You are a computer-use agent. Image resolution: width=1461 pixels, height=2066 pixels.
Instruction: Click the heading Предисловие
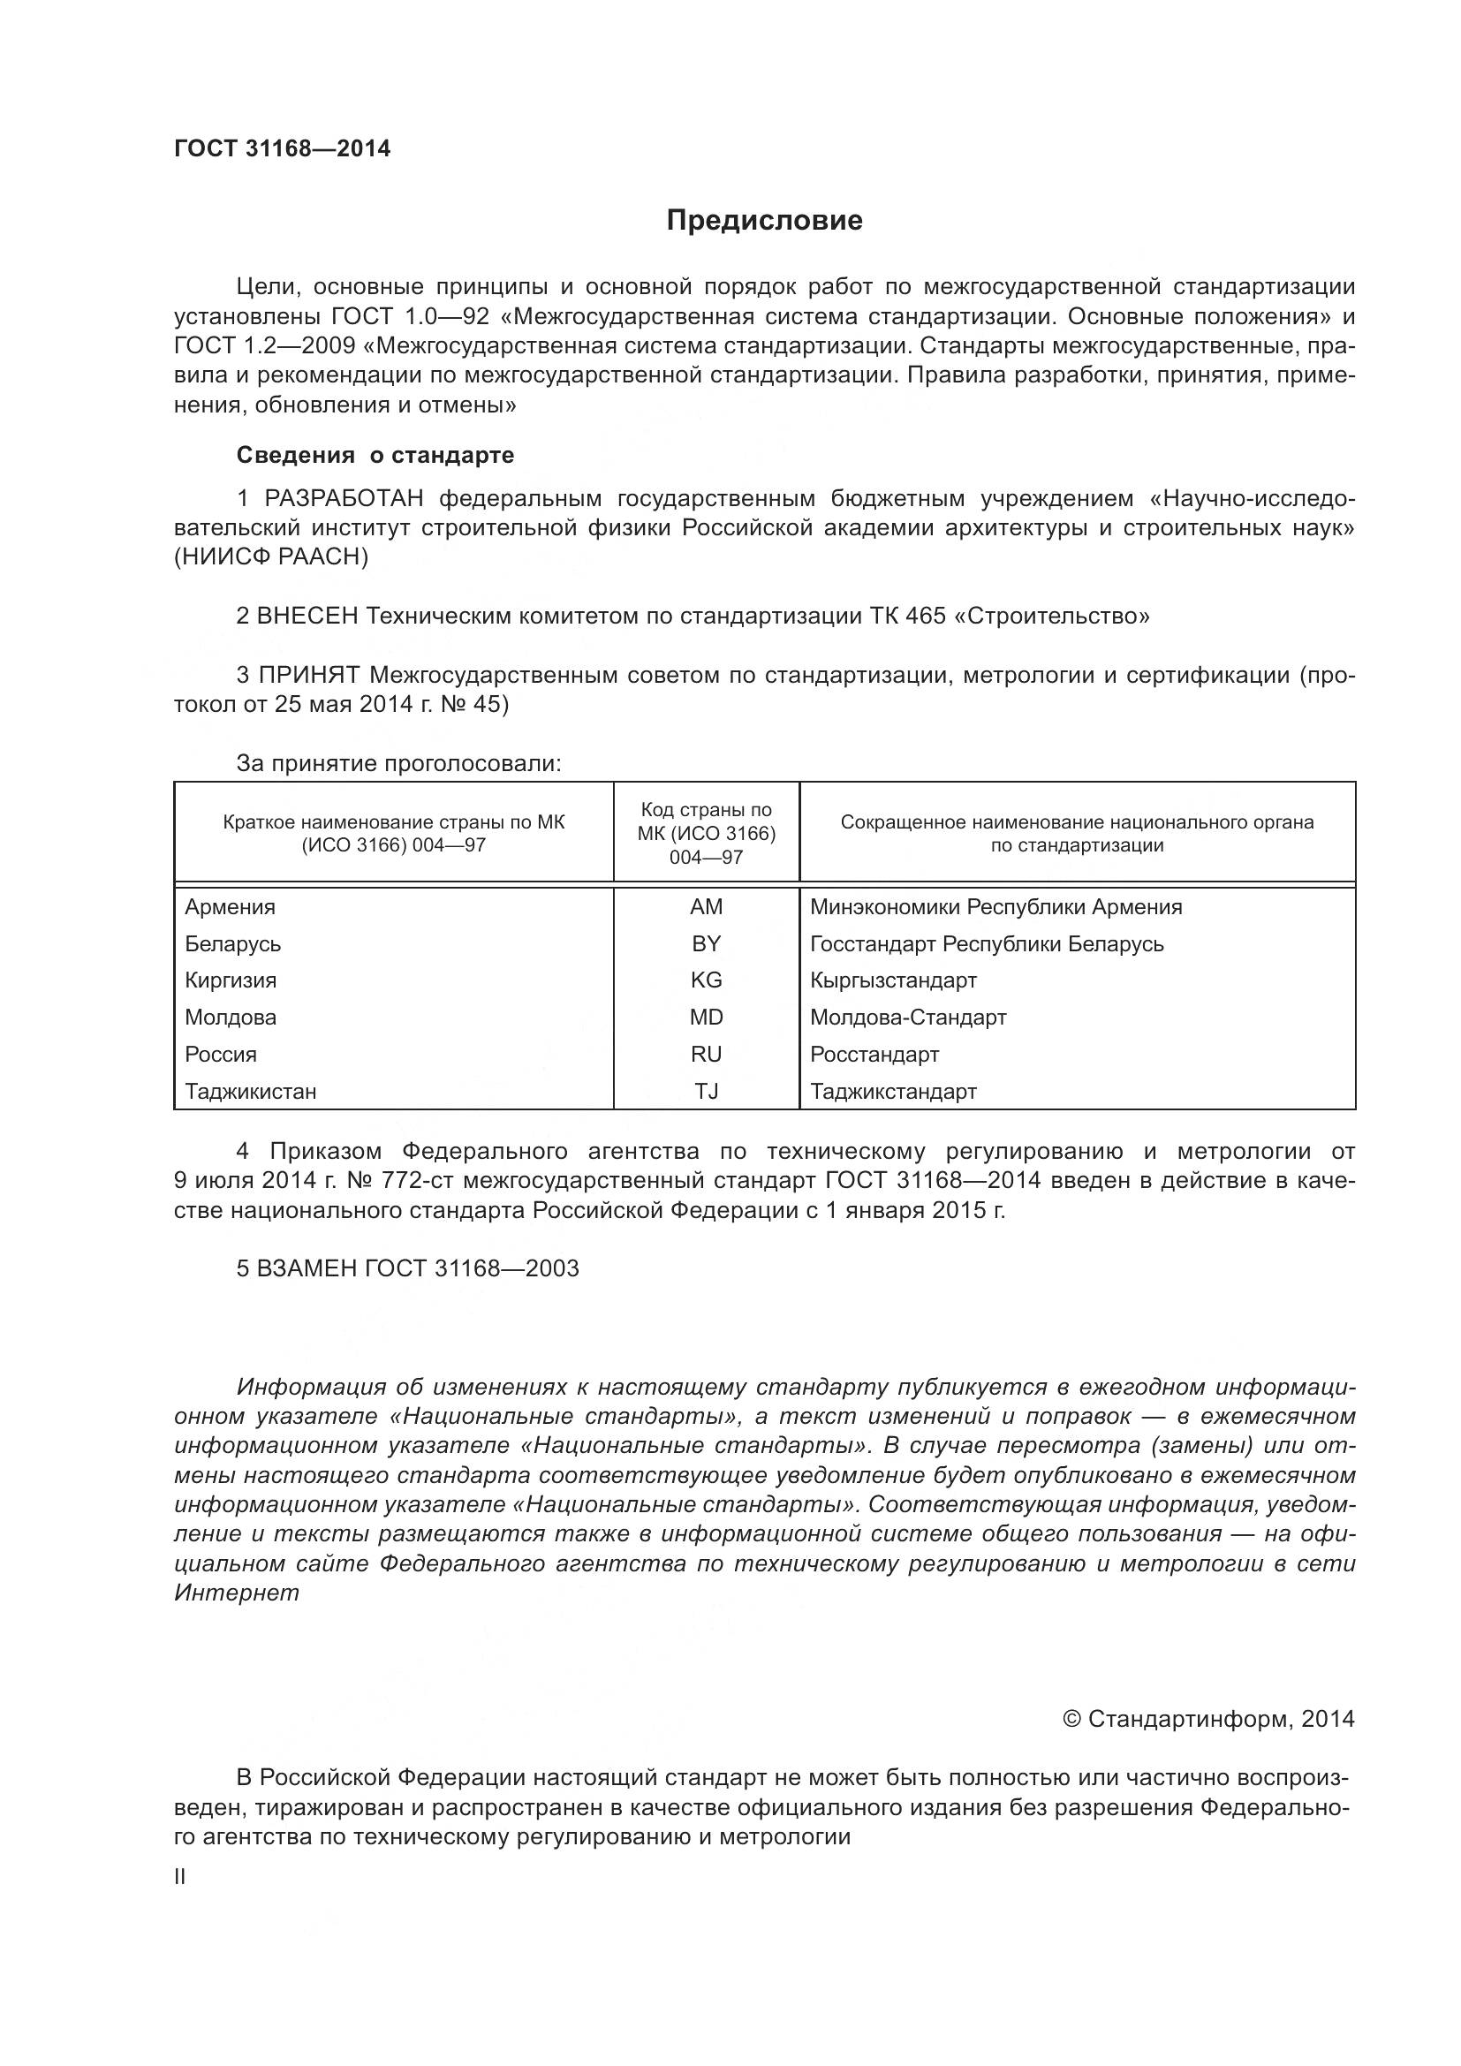764,221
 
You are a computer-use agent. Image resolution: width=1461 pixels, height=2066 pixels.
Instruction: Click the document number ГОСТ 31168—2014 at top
283,148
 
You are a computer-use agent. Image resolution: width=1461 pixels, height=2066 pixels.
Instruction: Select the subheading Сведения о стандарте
375,455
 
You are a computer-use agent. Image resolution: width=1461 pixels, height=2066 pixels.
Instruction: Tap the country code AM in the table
707,907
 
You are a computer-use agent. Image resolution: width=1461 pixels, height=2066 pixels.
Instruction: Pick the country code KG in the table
707,980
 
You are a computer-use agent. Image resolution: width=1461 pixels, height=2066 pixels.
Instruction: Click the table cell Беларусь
233,944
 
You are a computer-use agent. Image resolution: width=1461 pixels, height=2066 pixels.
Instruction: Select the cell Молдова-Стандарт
908,1018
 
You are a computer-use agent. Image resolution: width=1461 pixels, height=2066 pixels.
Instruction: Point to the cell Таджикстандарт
893,1092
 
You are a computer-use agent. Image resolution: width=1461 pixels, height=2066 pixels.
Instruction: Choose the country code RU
707,1055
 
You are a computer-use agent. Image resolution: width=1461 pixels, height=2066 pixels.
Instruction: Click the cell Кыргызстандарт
893,980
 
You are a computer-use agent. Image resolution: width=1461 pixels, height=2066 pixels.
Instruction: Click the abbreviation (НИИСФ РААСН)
272,557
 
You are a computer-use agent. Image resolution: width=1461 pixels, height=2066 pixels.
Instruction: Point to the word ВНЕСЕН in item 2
307,617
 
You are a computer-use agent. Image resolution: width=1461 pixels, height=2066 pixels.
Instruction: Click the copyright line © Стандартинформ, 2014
1208,1720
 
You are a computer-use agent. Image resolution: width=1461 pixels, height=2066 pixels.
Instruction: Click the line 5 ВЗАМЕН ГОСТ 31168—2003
407,1268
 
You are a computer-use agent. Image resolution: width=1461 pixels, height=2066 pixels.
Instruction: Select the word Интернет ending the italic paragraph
237,1592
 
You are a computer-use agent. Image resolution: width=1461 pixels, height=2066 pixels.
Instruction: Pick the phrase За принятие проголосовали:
398,764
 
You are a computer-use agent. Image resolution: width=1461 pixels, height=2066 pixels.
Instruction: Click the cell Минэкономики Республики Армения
995,907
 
